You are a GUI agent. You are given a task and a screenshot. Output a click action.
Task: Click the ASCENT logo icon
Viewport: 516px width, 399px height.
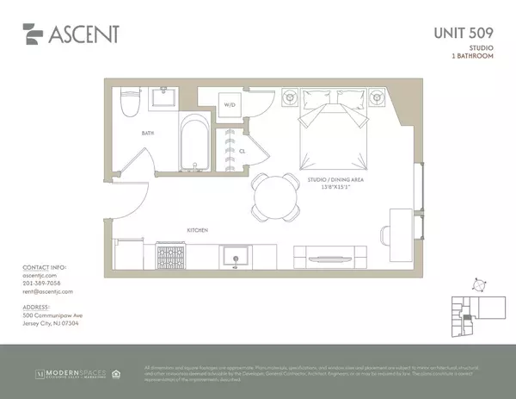pos(34,34)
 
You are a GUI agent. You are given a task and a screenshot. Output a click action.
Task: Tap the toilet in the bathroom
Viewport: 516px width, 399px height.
pos(130,103)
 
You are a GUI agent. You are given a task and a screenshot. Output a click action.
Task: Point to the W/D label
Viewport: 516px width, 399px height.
pos(230,105)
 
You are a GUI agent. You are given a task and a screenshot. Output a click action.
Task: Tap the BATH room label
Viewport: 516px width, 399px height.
pos(149,134)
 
